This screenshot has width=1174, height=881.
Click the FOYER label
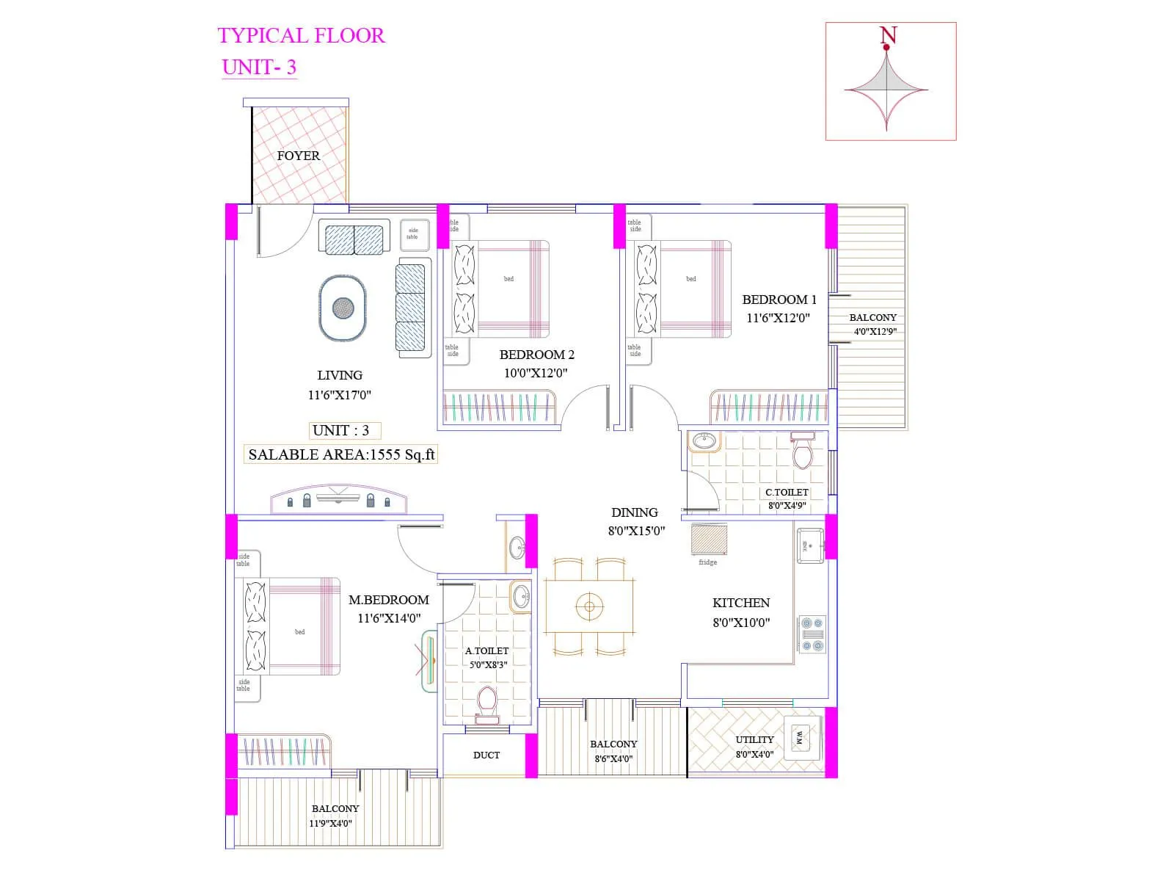pyautogui.click(x=298, y=156)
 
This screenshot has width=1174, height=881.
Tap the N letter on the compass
pyautogui.click(x=888, y=35)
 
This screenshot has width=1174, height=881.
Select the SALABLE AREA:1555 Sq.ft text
pyautogui.click(x=341, y=454)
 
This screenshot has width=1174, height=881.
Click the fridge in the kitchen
pyautogui.click(x=709, y=540)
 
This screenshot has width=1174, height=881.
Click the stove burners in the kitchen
pyautogui.click(x=812, y=634)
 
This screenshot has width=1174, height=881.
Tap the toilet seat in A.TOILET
pyautogui.click(x=486, y=701)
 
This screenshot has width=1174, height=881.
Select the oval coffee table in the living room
pyautogui.click(x=343, y=308)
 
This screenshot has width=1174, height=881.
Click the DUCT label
pyautogui.click(x=486, y=755)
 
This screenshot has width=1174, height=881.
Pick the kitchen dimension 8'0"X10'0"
pyautogui.click(x=741, y=623)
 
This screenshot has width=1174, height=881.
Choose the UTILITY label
pyautogui.click(x=754, y=739)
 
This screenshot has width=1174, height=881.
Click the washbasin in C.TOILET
pyautogui.click(x=704, y=441)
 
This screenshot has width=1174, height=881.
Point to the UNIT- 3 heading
pyautogui.click(x=259, y=67)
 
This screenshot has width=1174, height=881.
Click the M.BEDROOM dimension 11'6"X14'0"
pyautogui.click(x=389, y=618)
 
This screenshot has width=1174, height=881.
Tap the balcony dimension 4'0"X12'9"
pyautogui.click(x=875, y=331)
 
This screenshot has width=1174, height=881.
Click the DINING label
pyautogui.click(x=634, y=512)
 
